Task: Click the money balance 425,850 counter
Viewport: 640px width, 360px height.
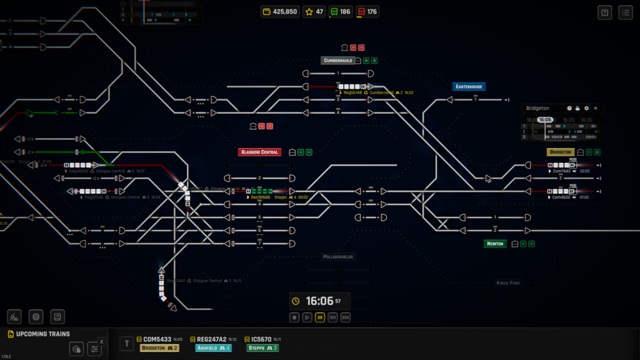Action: click(x=280, y=11)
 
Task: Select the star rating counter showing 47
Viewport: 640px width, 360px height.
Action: click(x=314, y=11)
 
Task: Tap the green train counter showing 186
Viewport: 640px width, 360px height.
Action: click(x=341, y=11)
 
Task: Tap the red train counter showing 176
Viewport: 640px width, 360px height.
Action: click(x=367, y=11)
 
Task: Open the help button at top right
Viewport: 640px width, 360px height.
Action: click(x=604, y=12)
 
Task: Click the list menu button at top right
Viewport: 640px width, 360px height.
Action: click(x=625, y=12)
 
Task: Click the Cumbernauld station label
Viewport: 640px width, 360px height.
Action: click(x=338, y=61)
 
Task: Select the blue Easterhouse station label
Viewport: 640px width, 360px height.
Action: click(x=469, y=87)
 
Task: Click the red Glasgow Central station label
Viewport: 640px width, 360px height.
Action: click(x=259, y=152)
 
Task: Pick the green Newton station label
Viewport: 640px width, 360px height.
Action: click(x=495, y=244)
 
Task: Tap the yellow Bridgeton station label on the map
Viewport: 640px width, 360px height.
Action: click(x=561, y=152)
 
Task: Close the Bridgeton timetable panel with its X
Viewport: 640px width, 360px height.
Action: click(x=596, y=108)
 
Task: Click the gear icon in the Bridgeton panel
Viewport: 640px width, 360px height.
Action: click(x=587, y=108)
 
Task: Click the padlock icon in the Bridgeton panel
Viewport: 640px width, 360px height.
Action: click(x=578, y=108)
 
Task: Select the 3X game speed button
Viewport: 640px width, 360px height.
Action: click(x=319, y=317)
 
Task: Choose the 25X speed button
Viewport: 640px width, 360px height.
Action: click(x=346, y=317)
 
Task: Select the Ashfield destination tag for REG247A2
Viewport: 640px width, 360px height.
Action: click(x=213, y=348)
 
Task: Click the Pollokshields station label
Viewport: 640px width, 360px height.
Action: click(x=338, y=257)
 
